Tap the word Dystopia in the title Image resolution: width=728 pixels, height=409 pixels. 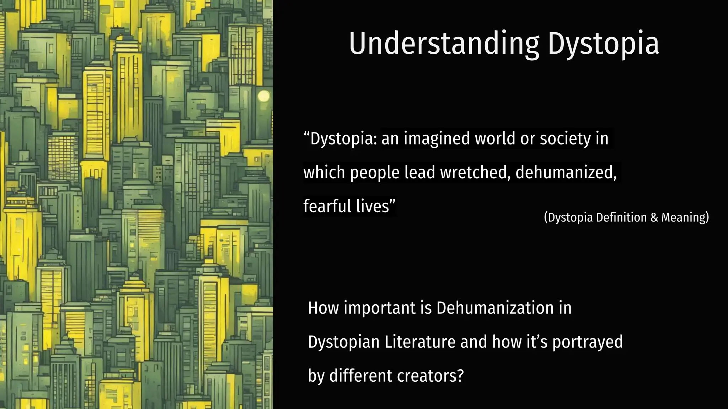(603, 44)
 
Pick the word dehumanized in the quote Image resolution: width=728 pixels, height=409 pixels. (566, 173)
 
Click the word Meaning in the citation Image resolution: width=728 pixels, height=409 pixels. (685, 217)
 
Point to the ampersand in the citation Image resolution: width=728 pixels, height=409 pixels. (654, 217)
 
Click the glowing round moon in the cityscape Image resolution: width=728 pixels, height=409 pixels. (264, 96)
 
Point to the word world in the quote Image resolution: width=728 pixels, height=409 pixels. (495, 138)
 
